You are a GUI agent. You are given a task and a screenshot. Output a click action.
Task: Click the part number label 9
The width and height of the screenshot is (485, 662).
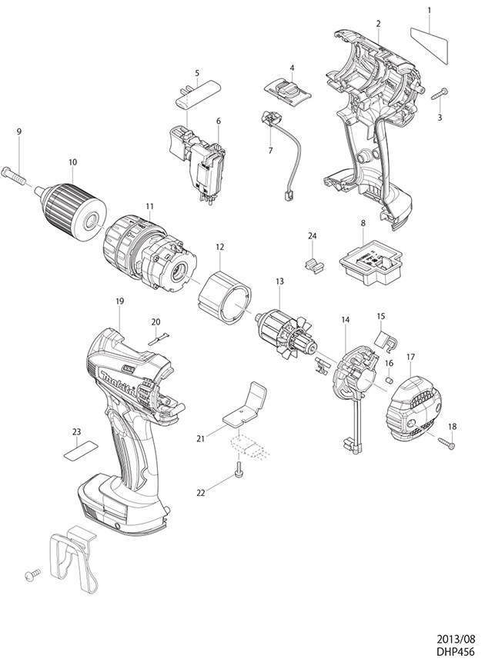[19, 132]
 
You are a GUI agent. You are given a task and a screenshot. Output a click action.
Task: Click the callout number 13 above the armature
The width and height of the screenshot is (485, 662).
[279, 281]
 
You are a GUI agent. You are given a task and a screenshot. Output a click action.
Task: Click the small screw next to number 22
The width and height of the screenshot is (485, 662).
[239, 465]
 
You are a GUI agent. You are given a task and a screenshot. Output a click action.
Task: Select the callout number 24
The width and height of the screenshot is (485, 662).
[313, 235]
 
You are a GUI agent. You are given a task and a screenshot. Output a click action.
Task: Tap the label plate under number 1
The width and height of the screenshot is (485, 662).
[428, 41]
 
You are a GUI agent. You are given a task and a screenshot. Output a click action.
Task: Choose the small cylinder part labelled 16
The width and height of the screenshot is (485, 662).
[390, 379]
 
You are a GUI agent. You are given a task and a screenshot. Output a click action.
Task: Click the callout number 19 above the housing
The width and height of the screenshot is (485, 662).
[120, 302]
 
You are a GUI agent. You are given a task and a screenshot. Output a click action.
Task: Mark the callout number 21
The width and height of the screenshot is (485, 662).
[201, 438]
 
